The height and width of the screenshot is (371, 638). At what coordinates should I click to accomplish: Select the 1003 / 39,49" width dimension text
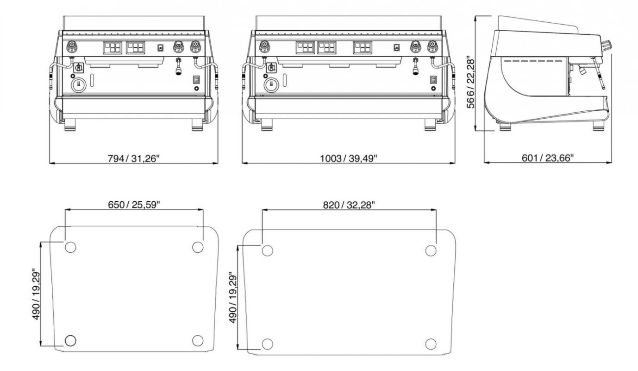pyautogui.click(x=349, y=158)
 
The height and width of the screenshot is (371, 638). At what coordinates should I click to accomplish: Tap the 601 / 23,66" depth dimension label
pyautogui.click(x=548, y=158)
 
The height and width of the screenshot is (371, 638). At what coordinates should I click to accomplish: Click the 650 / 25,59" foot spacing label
pyautogui.click(x=134, y=205)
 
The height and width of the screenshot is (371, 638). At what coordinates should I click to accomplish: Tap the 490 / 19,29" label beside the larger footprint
pyautogui.click(x=233, y=298)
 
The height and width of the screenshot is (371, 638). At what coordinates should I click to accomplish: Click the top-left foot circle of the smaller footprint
pyautogui.click(x=70, y=247)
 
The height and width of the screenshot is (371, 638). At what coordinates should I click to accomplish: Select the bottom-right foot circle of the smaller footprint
pyautogui.click(x=198, y=340)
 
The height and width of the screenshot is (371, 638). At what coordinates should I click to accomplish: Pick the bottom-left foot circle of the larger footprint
pyautogui.click(x=267, y=344)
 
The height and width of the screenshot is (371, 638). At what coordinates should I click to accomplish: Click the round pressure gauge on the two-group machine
pyautogui.click(x=79, y=85)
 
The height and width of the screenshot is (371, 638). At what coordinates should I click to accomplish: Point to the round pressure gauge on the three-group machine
pyautogui.click(x=272, y=85)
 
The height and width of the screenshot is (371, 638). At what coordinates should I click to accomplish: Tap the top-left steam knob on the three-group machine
pyautogui.click(x=264, y=45)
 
